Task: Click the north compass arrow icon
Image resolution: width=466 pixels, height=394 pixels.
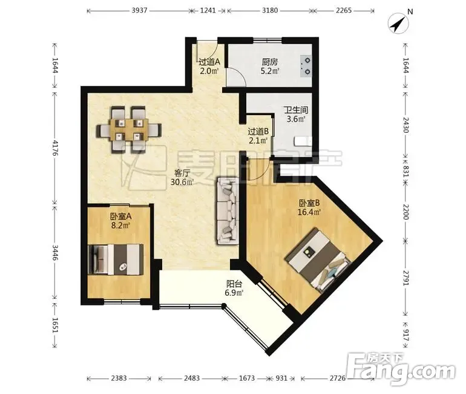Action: pos(399,24)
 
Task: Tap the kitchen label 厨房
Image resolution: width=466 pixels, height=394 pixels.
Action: pos(269,62)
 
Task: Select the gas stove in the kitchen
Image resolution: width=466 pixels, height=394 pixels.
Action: pos(306,66)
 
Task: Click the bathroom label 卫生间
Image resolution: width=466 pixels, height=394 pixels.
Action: pos(296,110)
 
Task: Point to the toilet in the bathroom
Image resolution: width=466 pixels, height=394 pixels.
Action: pos(303,141)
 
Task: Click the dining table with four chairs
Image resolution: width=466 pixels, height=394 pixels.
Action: pos(129,130)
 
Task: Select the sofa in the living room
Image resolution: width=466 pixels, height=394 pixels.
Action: pos(228,211)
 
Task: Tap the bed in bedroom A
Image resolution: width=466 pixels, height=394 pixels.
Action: pos(116,259)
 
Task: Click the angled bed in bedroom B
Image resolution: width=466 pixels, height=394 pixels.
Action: pos(317,260)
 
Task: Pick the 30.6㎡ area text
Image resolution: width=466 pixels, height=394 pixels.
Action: pos(182,182)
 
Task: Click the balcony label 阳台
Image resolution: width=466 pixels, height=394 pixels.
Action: pos(234,284)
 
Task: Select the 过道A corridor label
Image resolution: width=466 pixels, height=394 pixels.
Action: pos(209,62)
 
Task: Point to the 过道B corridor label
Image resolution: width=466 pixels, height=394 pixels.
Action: pos(258,131)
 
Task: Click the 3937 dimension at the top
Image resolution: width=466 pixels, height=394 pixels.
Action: pos(139,10)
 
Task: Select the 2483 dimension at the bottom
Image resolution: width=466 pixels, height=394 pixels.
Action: pos(192,378)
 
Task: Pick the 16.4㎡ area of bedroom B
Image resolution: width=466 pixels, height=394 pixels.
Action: pos(309,212)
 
